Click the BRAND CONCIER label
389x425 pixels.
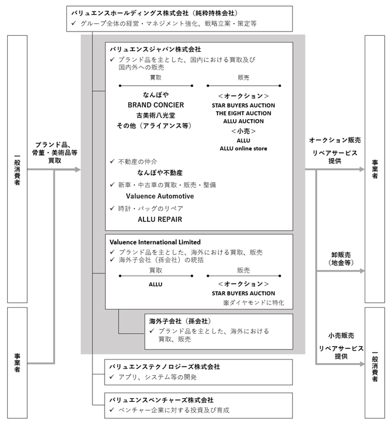(x=156, y=105)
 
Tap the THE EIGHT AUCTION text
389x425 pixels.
(x=243, y=113)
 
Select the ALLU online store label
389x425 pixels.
(x=243, y=148)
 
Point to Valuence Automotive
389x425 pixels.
(x=160, y=196)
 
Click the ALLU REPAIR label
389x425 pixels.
(x=160, y=219)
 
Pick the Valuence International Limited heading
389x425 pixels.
(x=155, y=242)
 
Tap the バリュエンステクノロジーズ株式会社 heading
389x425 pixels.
(x=165, y=367)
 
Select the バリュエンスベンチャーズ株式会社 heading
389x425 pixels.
(x=161, y=400)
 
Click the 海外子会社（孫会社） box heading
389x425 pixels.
(x=180, y=321)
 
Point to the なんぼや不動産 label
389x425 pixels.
(x=160, y=173)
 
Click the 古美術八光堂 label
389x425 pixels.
(x=156, y=116)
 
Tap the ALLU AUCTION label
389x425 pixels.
(x=243, y=121)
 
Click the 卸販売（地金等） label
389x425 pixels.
(x=341, y=258)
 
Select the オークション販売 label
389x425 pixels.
(x=335, y=140)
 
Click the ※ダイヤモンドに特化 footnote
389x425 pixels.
(x=253, y=303)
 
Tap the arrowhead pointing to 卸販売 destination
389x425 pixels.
(x=362, y=271)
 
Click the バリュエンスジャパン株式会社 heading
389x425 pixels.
(x=155, y=49)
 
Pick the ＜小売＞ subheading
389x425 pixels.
(x=243, y=131)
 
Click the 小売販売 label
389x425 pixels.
(x=341, y=336)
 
